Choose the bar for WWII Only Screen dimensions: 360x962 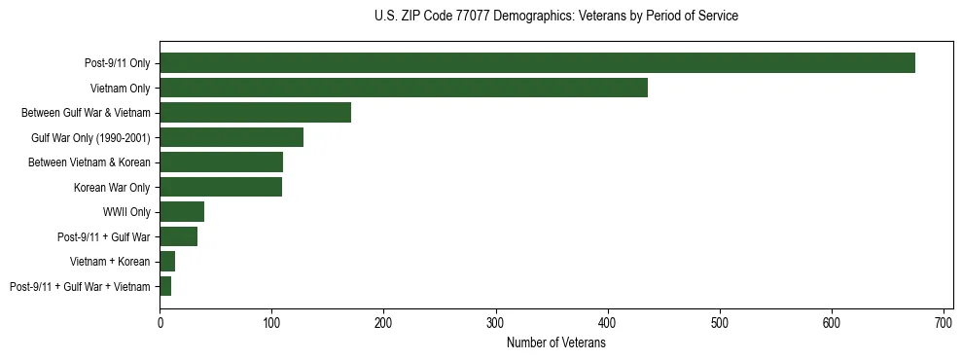(x=182, y=212)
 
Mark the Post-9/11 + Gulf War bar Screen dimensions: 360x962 (x=179, y=236)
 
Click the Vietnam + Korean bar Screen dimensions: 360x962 (x=167, y=262)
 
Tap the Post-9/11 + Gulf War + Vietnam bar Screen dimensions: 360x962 (x=165, y=286)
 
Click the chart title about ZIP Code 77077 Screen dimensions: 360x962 (x=555, y=17)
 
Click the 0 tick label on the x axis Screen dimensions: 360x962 (x=160, y=321)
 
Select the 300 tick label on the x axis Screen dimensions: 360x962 (x=496, y=321)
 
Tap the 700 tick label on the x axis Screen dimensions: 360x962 (x=944, y=321)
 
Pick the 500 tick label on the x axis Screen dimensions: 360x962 (x=720, y=321)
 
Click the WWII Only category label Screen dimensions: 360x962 (x=125, y=212)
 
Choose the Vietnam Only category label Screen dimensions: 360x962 (x=120, y=89)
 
